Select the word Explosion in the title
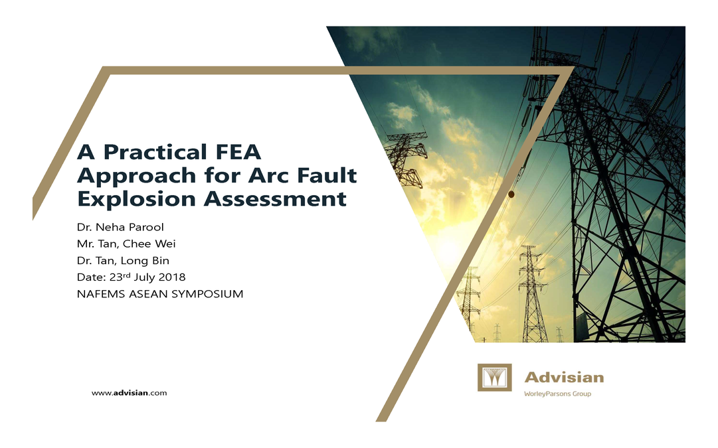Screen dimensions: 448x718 pyautogui.click(x=137, y=198)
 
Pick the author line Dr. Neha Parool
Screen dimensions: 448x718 pyautogui.click(x=120, y=227)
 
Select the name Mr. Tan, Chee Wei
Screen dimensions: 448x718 pyautogui.click(x=126, y=244)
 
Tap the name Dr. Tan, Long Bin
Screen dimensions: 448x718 pyautogui.click(x=123, y=261)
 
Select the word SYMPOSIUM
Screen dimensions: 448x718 pyautogui.click(x=207, y=294)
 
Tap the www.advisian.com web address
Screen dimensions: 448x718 pyautogui.click(x=129, y=393)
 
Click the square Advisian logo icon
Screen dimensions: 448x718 pyautogui.click(x=494, y=378)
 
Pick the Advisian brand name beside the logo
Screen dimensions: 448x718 pyautogui.click(x=564, y=378)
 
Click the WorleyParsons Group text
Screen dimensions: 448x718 pyautogui.click(x=557, y=394)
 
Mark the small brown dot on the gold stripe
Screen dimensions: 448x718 pyautogui.click(x=511, y=194)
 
